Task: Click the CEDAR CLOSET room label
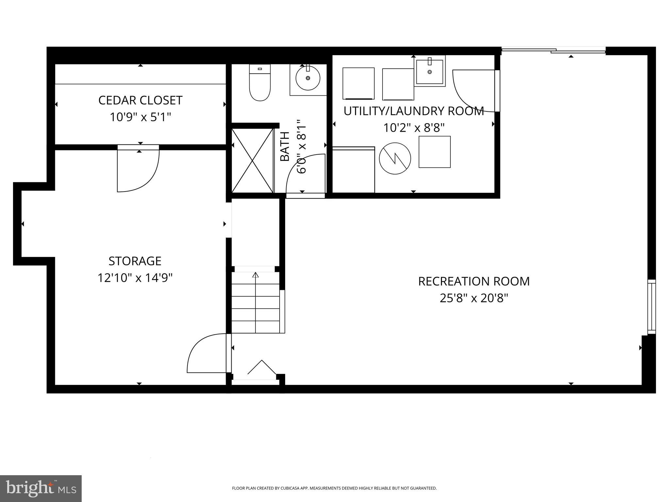[140, 100]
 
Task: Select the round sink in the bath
[308, 78]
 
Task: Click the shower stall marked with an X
[253, 160]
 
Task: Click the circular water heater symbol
[395, 159]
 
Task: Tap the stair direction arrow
[255, 275]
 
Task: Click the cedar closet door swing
[138, 170]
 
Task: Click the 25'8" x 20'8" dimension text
[474, 298]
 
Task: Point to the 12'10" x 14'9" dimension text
[135, 278]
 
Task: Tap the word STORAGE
[135, 261]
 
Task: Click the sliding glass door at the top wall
[553, 50]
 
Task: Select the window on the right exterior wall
[651, 307]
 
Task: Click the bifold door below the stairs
[261, 369]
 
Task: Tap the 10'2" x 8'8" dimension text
[414, 128]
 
